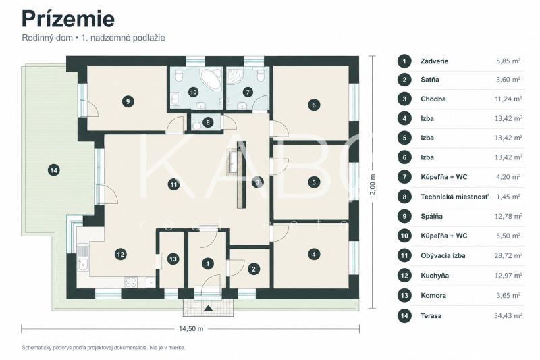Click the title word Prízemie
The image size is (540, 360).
point(68,19)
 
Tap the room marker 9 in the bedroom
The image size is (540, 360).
point(128,101)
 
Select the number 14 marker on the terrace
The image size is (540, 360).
point(54,170)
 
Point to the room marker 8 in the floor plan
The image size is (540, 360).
point(208,122)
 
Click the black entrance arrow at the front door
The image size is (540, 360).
point(208,308)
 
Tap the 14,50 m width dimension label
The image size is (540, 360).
point(191,329)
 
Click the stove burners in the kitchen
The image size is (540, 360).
point(131,282)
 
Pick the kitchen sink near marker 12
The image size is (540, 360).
point(82,265)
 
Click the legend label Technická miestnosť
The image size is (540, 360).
point(454,197)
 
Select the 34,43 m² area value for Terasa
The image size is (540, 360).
point(508,315)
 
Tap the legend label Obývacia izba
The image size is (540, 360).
point(443,255)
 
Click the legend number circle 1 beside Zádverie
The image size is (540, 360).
point(404,61)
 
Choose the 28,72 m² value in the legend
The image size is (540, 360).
point(508,255)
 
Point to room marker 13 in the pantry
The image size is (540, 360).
point(173,259)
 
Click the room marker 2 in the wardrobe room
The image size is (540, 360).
point(254,269)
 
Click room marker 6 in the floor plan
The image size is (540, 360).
point(313,105)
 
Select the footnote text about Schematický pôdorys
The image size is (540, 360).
point(103,348)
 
